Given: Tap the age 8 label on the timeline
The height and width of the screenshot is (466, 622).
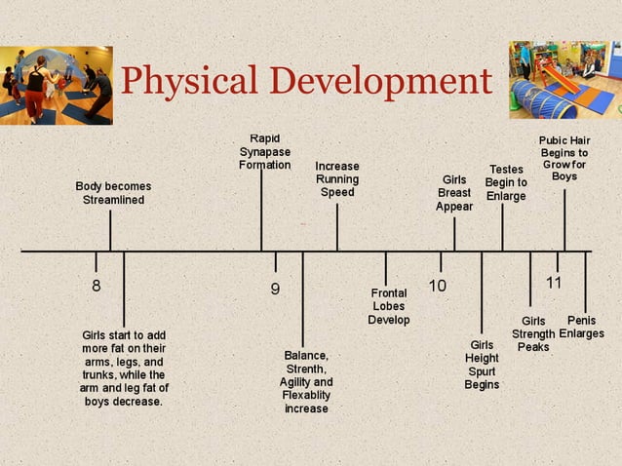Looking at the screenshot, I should (96, 287).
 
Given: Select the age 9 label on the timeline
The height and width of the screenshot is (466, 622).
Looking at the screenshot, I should (275, 289).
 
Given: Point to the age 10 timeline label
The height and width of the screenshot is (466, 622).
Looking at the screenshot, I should (438, 286).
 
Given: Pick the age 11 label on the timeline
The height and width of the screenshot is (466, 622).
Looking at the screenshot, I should (554, 283).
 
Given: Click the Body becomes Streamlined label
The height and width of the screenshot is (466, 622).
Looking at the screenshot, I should (113, 192).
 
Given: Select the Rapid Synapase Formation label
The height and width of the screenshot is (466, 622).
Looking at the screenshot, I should (265, 152).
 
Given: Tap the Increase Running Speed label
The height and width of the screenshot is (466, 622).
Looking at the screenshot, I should (337, 179).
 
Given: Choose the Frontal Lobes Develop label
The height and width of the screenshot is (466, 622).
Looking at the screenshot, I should (388, 306).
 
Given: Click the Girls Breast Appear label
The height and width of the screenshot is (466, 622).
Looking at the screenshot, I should (454, 193).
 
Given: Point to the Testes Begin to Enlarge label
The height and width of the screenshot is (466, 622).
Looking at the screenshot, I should (506, 182).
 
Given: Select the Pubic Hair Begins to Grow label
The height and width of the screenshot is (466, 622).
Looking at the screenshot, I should (564, 158).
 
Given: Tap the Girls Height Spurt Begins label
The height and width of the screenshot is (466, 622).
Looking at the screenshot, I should (482, 365).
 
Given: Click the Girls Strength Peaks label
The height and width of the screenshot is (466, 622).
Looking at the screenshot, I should (533, 333).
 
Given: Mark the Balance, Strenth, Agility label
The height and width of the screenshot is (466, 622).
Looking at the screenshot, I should (306, 382).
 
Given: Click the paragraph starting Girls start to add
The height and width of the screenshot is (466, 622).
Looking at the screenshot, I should (124, 368).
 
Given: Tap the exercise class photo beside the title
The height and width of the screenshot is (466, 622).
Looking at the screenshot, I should (56, 85).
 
